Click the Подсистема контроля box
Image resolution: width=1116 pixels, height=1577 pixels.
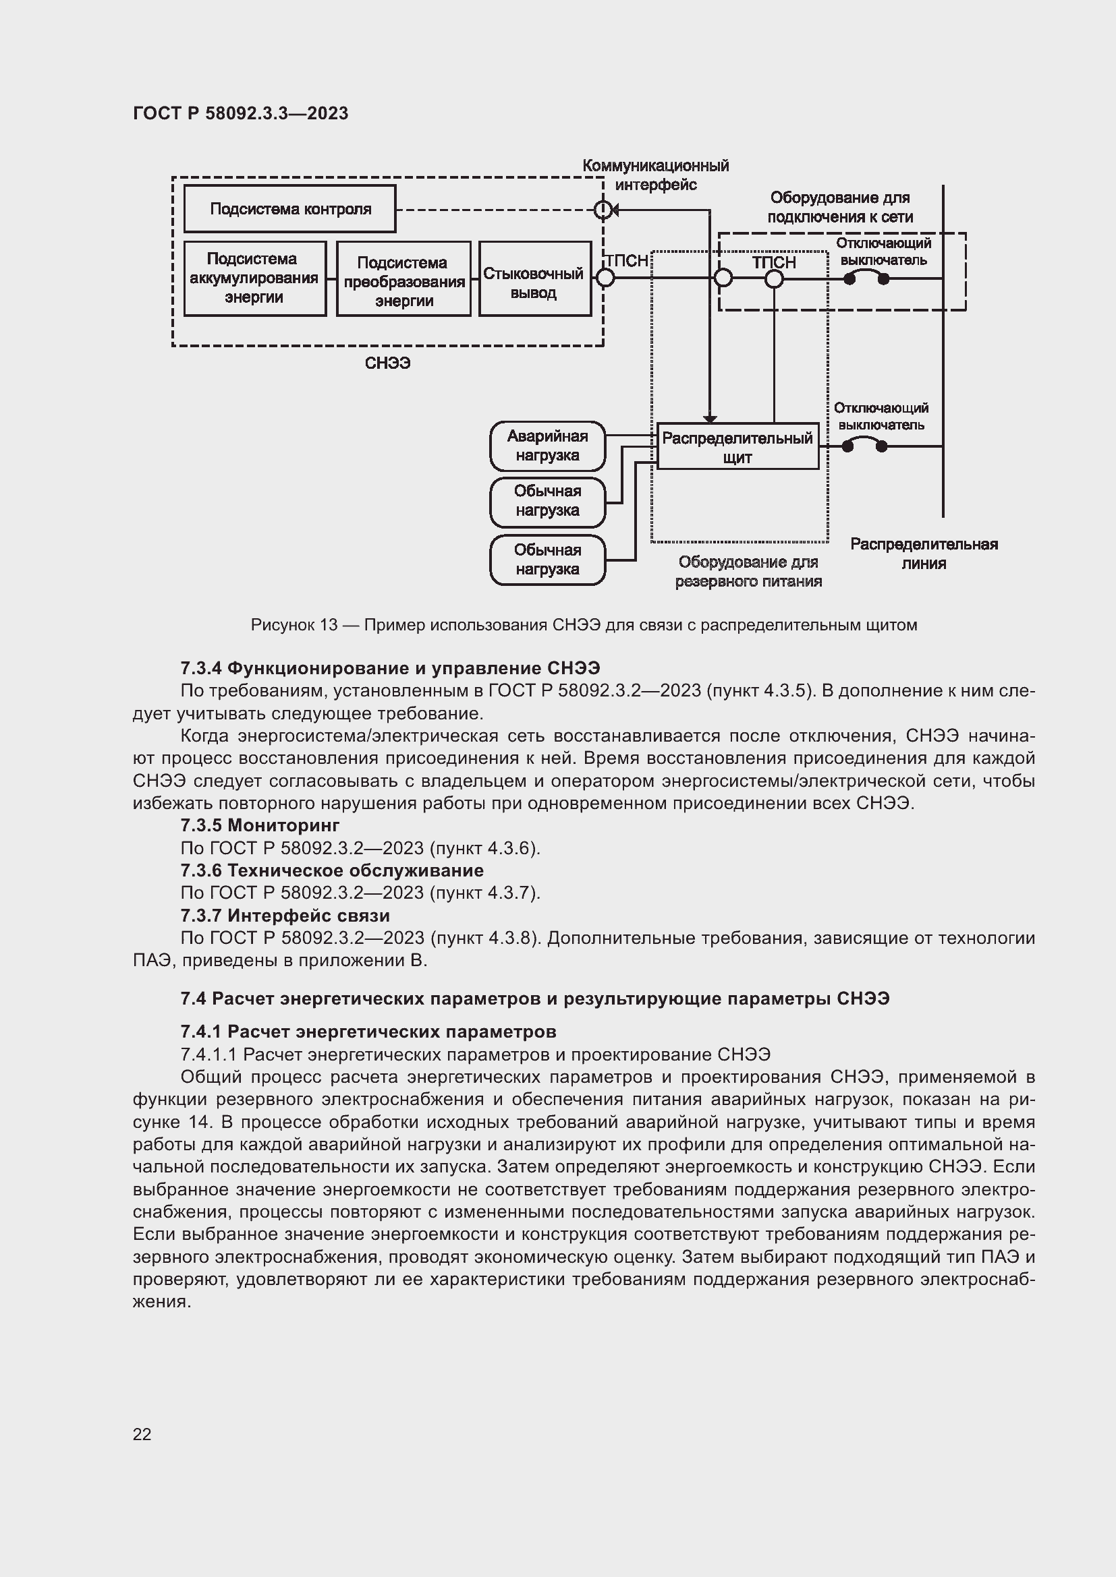coord(289,209)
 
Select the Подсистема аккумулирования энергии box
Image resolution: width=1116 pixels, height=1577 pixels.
coord(254,278)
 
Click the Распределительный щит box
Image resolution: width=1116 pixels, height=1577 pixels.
coord(737,447)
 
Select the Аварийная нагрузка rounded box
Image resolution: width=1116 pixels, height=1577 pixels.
coord(547,446)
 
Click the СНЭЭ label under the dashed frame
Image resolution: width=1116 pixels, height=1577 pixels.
coord(387,363)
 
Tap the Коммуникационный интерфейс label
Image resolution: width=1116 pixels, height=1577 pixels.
coord(655,175)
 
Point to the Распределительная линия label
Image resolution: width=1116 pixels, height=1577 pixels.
coord(924,554)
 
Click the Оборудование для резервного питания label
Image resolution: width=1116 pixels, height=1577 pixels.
coord(748,572)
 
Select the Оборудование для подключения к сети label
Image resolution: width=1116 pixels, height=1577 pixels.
coord(840,208)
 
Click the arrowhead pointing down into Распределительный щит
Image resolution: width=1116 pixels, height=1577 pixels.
coord(710,419)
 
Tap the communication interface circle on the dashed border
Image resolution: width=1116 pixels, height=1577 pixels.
coord(603,210)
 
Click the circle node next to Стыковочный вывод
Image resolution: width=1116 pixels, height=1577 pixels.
coord(605,278)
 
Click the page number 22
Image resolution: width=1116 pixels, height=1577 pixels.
coord(142,1434)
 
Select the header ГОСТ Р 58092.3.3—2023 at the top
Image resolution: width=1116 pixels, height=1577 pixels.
coord(240,113)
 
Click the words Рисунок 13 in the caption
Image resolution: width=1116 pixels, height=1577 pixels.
coord(294,625)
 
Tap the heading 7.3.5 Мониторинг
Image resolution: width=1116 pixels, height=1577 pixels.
coord(260,825)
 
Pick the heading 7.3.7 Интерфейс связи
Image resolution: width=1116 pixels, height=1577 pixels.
coord(285,916)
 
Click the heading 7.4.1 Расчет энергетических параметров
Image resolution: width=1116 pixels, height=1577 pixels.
coord(368,1032)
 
